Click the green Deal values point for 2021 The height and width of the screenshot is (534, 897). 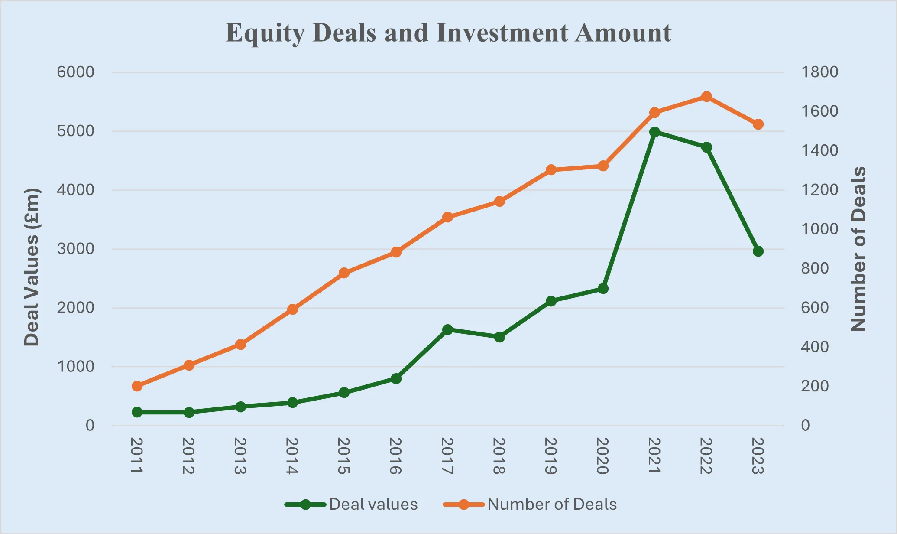click(x=654, y=132)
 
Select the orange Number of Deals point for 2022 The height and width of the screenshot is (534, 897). click(x=706, y=97)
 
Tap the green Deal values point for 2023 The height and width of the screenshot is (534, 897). click(x=758, y=251)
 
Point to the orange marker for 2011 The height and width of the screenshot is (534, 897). click(x=137, y=386)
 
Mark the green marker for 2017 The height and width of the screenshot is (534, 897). click(x=448, y=329)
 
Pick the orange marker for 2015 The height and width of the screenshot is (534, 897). click(x=344, y=273)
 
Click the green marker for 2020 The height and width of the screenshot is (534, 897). click(x=603, y=289)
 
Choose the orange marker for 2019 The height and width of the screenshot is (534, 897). click(x=551, y=170)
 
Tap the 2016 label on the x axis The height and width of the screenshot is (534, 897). click(x=395, y=456)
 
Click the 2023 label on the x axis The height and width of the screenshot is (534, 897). click(x=758, y=456)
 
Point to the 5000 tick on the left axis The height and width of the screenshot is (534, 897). click(x=75, y=131)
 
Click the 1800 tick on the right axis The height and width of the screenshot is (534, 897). click(x=819, y=72)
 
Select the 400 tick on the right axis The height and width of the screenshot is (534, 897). click(x=815, y=347)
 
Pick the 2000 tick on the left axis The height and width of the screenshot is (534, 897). click(x=75, y=308)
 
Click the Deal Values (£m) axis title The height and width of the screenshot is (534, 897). click(x=32, y=267)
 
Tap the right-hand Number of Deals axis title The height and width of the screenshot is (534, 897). click(x=858, y=249)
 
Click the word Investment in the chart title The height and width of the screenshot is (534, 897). click(x=502, y=33)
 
